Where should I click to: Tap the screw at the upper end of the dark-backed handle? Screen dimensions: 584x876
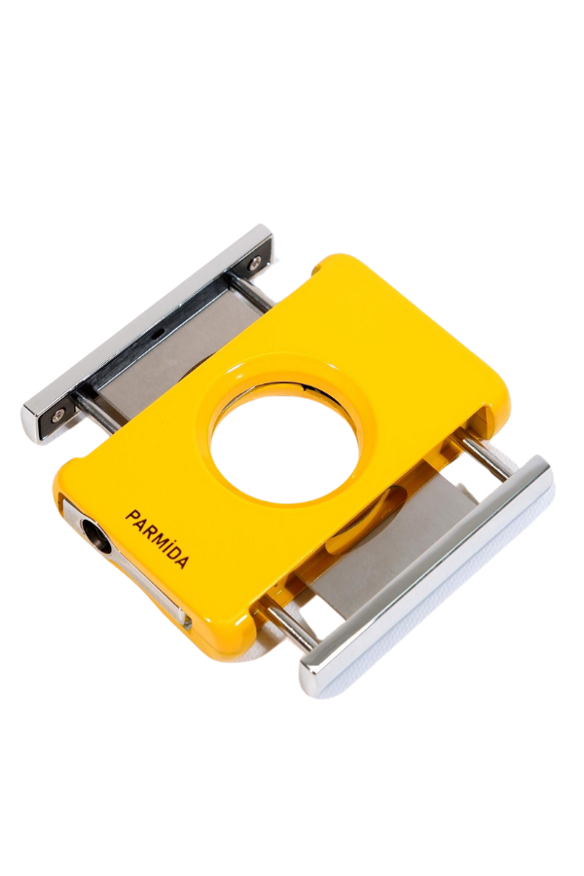click(255, 259)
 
